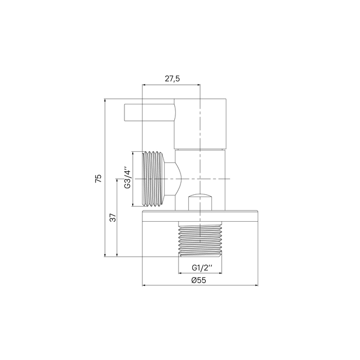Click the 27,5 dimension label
[172, 79]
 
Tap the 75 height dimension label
[98, 178]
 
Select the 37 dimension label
[113, 218]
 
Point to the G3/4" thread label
[128, 177]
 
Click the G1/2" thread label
[202, 268]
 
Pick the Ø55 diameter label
[199, 280]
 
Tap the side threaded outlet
[153, 179]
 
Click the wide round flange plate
[200, 216]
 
